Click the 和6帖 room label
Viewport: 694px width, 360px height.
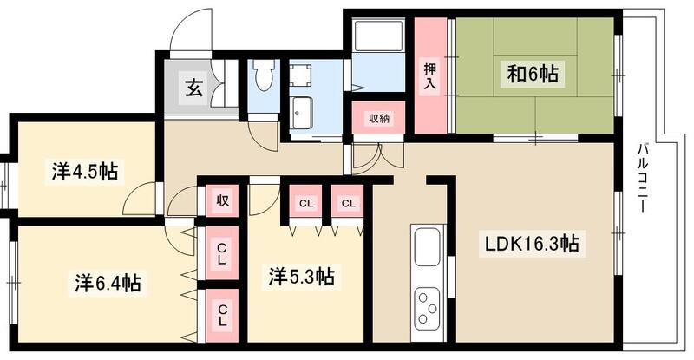click(534, 75)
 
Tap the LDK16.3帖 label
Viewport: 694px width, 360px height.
click(532, 245)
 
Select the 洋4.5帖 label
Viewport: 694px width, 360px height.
click(83, 171)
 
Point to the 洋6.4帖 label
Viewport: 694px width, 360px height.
click(108, 283)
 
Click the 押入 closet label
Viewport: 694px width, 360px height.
click(429, 76)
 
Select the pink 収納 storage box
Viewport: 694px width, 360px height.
click(377, 118)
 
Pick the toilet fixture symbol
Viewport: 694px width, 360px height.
click(265, 79)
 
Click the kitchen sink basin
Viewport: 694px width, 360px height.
click(429, 246)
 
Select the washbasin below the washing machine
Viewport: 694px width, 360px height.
click(304, 112)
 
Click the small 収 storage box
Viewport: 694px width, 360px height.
click(222, 201)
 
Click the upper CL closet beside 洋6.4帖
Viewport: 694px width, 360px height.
click(222, 253)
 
